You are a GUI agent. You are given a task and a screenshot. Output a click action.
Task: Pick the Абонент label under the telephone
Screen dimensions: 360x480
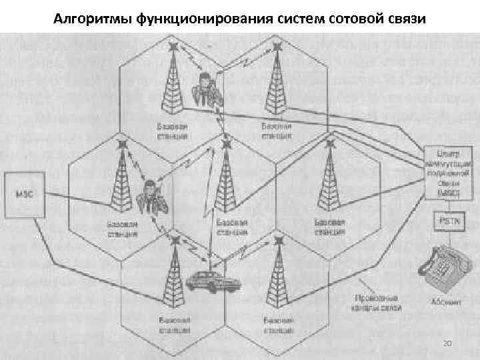447,301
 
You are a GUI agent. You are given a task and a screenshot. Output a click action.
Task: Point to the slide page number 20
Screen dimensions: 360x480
447,343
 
